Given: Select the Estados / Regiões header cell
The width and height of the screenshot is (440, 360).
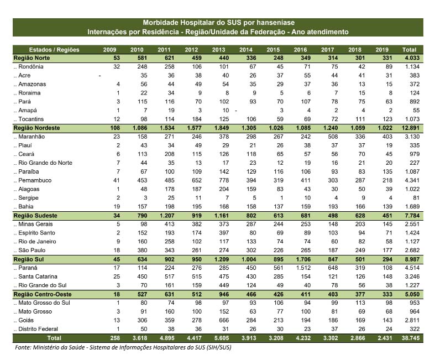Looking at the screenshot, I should click(x=54, y=50).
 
